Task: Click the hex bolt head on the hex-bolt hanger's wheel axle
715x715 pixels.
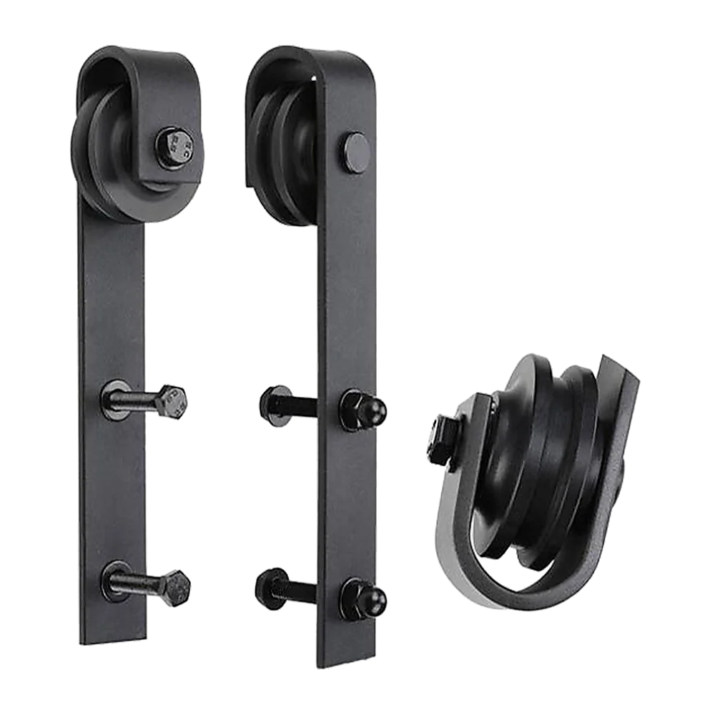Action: tap(172, 149)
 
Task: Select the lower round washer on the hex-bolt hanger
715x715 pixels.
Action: tap(115, 578)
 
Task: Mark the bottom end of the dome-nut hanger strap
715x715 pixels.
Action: tap(346, 654)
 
